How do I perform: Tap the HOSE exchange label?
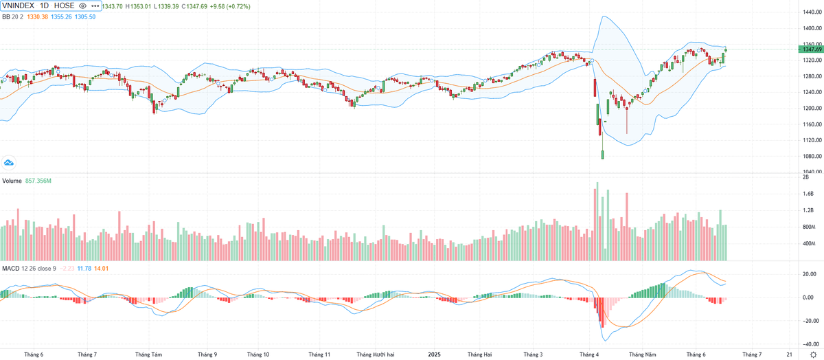coord(65,5)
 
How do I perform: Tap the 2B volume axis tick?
coord(805,177)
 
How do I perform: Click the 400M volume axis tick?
coord(808,243)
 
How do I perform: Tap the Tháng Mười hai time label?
coord(374,355)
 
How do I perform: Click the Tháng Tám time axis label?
coord(148,355)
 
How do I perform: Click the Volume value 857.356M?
coord(39,181)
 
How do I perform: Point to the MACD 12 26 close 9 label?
coord(29,267)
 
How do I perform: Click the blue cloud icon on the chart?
coord(9,163)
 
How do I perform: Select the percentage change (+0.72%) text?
coord(237,5)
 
